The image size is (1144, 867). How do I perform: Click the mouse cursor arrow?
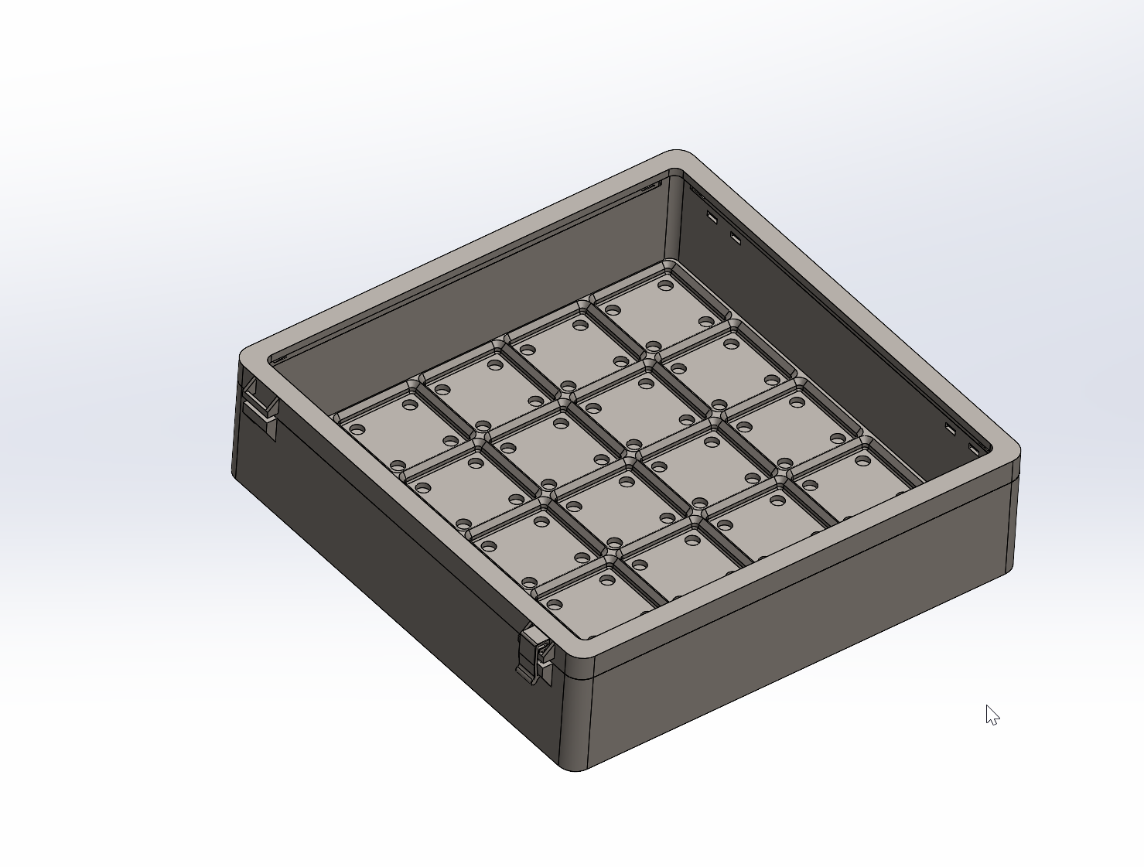point(991,714)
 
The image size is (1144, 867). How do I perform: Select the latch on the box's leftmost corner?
point(260,406)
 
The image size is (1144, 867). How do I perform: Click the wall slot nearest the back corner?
point(712,217)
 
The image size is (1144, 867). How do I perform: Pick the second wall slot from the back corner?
point(736,237)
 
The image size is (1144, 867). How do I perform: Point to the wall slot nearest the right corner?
point(974,449)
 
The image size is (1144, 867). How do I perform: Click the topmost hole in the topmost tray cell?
point(664,285)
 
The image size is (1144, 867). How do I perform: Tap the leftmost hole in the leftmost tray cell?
point(357,429)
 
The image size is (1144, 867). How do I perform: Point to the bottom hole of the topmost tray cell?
point(654,346)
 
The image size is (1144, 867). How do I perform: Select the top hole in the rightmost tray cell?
point(863,461)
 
